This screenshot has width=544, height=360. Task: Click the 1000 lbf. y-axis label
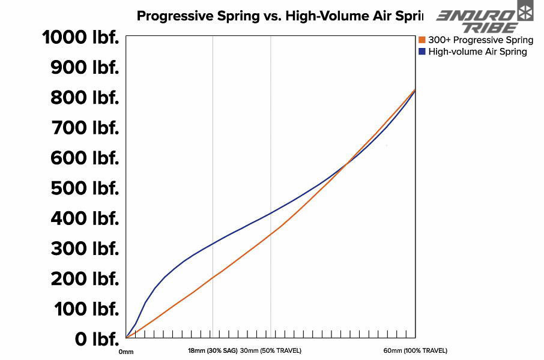tap(80, 38)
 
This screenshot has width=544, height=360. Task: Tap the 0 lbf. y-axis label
tap(97, 340)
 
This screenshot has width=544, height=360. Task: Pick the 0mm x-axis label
tap(126, 352)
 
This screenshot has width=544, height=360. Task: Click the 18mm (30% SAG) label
tap(213, 350)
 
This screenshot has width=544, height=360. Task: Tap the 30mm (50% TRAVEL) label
tap(271, 350)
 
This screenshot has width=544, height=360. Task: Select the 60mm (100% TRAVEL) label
tap(415, 350)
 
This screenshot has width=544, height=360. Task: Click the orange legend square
tap(422, 40)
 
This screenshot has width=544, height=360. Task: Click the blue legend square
tap(422, 52)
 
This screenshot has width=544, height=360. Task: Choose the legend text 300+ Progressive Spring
tap(480, 40)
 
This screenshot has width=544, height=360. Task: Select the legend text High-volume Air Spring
tap(477, 52)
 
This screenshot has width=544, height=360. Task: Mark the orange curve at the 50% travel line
tap(271, 233)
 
